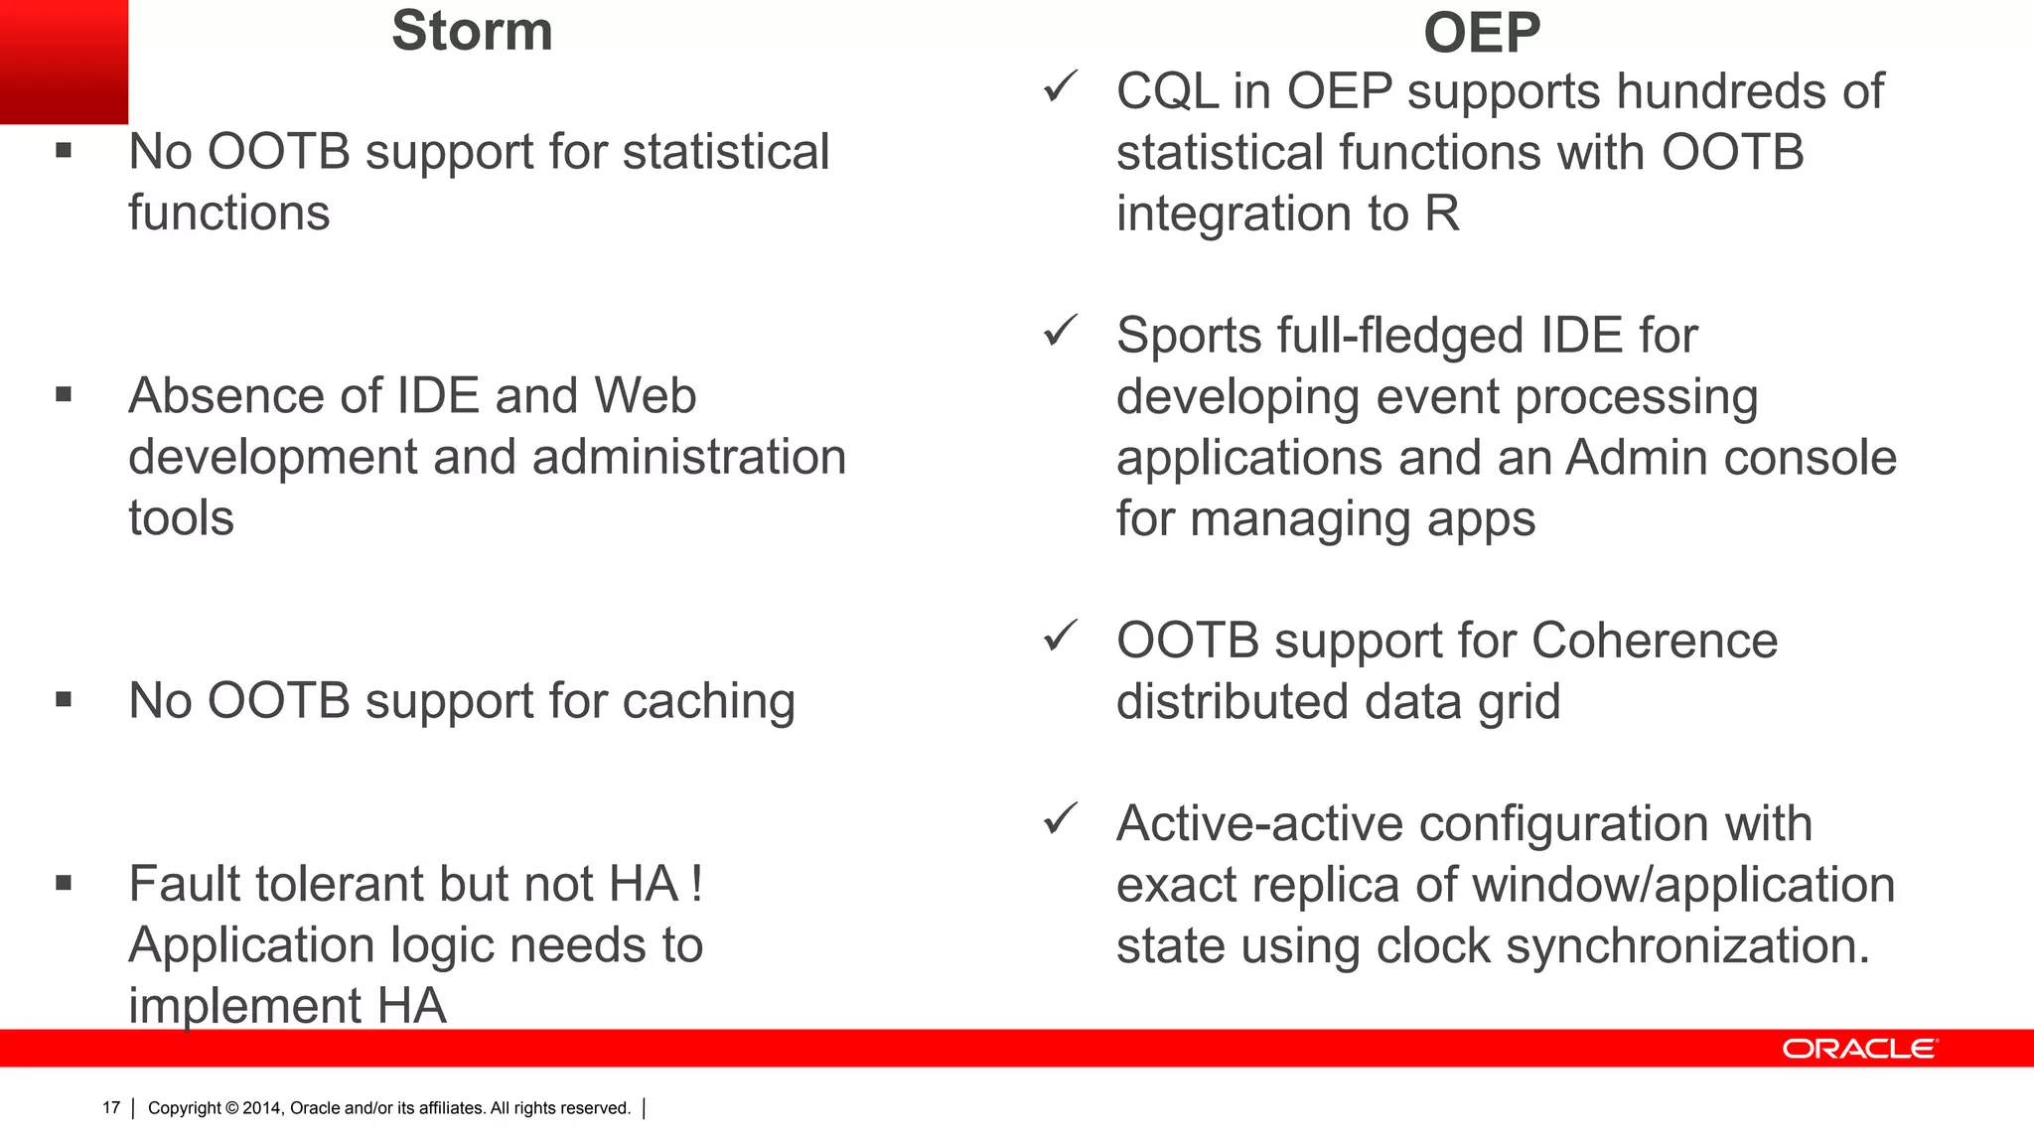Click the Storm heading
tap(472, 31)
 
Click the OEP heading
tap(1481, 33)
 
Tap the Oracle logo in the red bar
tap(1858, 1049)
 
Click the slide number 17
tap(111, 1108)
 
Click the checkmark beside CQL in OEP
tap(1060, 87)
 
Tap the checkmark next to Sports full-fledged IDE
tap(1060, 331)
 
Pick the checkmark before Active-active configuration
tap(1060, 819)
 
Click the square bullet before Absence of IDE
tap(64, 395)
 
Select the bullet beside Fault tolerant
tap(64, 883)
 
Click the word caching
tap(709, 702)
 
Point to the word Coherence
tap(1654, 641)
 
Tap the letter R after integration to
tap(1441, 214)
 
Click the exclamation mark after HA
tap(697, 883)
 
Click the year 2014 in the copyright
tap(262, 1108)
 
